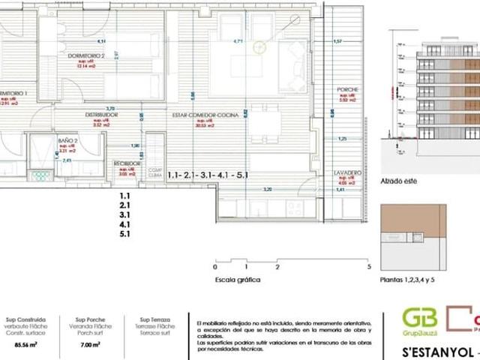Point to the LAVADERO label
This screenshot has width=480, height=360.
click(347, 172)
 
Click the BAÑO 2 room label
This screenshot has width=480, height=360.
click(67, 140)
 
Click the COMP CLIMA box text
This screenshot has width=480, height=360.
click(155, 173)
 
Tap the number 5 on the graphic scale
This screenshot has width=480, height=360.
click(369, 266)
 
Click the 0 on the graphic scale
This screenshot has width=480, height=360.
click(215, 266)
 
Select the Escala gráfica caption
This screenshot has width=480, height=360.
click(237, 279)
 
